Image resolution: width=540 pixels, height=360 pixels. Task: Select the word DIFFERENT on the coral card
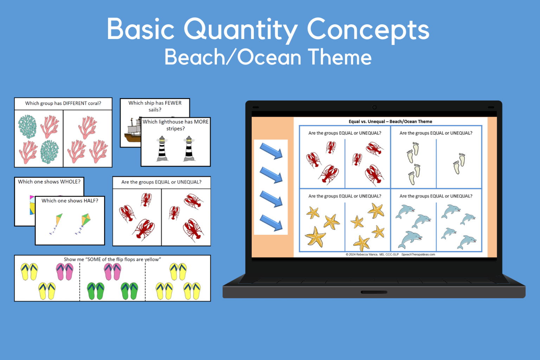coord(75,103)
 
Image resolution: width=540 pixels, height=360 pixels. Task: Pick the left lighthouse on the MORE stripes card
coord(162,149)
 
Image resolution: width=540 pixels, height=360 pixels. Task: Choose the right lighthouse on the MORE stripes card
coord(189,149)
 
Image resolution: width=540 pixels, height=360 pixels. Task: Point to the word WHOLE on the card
coord(70,182)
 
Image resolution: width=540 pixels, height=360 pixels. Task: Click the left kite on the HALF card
coord(57,224)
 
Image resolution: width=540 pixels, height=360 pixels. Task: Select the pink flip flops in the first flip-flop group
coord(65,272)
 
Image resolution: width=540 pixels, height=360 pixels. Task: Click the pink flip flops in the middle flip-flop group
coord(112,272)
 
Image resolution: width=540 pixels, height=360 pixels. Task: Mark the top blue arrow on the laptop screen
coord(271,151)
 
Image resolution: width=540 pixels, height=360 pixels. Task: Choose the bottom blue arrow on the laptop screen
coord(271,223)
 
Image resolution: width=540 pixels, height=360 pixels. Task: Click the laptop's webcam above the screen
coord(374,107)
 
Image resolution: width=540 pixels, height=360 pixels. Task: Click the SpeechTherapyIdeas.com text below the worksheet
coord(418,255)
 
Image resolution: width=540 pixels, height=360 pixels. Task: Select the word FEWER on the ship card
coord(173,103)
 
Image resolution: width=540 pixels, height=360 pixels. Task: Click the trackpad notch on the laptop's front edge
coord(374,292)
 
